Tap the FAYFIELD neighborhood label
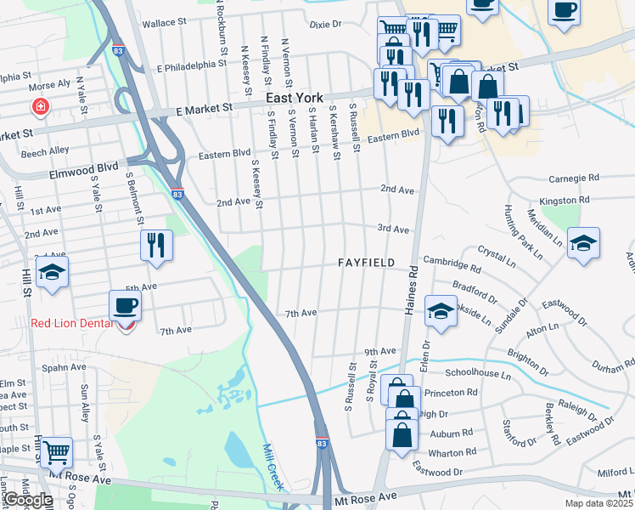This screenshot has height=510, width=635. coord(367,263)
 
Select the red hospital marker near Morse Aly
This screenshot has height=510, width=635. coord(39,108)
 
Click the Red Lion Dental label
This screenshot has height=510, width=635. coord(70,322)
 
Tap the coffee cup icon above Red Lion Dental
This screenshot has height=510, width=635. coord(125,306)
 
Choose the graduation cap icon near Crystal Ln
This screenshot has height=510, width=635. coord(583,243)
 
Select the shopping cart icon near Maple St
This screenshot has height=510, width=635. coord(56,451)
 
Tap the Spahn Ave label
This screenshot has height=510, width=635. coord(65,367)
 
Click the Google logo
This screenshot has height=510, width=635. coord(29,501)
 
